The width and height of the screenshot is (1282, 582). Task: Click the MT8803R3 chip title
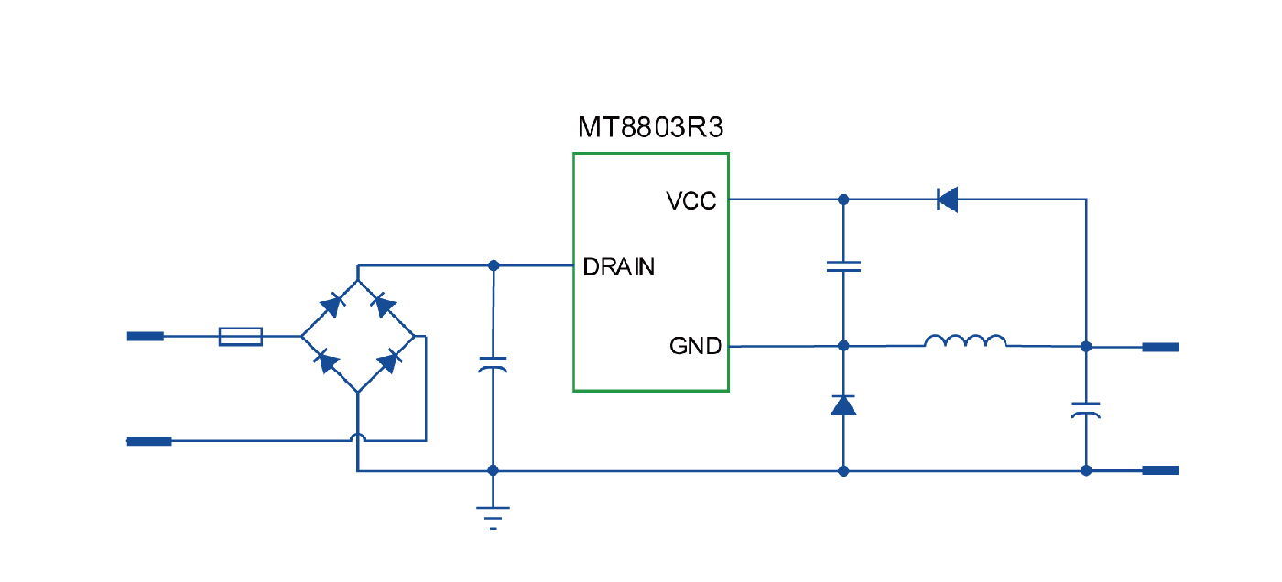pos(650,126)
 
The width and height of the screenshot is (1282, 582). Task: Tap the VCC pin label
pos(691,200)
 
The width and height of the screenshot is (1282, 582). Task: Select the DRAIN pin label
pos(619,267)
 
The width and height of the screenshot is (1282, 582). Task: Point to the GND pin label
pos(695,347)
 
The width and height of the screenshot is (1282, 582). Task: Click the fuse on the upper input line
pos(241,337)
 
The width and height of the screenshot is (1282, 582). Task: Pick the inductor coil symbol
pos(965,342)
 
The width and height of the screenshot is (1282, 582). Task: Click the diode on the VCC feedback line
pos(947,199)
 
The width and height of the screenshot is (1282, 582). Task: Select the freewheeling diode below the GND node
pos(843,404)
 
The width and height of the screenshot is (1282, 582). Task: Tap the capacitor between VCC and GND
pos(843,266)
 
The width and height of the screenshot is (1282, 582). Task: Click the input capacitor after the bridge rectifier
pos(493,366)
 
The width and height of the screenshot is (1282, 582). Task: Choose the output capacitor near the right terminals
pos(1086,409)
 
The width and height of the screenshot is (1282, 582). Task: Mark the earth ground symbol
pos(493,516)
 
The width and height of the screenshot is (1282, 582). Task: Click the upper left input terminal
pos(146,337)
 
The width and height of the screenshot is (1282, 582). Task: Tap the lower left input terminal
pos(148,441)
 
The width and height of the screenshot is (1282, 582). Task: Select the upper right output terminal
pos(1160,347)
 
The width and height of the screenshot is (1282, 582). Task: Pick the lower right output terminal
pos(1160,470)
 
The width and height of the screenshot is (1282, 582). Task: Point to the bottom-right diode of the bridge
pos(388,361)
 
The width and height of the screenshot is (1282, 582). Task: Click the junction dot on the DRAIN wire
pos(494,265)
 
